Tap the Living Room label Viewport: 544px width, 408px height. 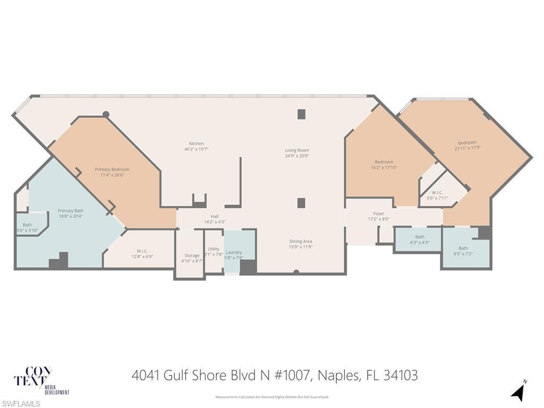(297, 150)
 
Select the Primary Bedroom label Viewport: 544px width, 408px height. (112, 169)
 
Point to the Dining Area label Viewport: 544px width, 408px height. (300, 241)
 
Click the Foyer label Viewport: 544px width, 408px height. (378, 214)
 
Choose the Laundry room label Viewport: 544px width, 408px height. (234, 252)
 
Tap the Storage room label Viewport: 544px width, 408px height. (192, 256)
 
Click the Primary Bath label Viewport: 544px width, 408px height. (71, 211)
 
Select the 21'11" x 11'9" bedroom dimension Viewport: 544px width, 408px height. (467, 148)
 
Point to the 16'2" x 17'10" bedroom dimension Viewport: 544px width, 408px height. (384, 167)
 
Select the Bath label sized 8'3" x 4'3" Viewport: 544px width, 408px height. (420, 237)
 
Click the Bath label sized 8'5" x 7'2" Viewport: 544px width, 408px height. (463, 248)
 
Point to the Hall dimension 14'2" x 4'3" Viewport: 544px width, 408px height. (215, 222)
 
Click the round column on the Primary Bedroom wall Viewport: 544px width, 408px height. (106, 114)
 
